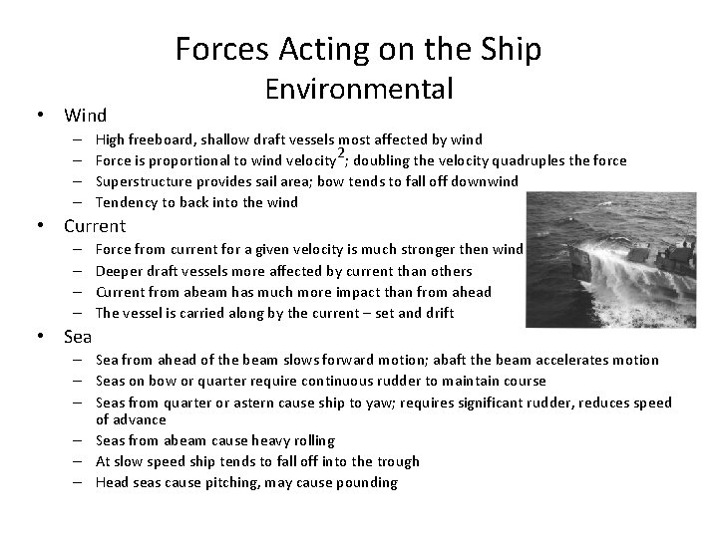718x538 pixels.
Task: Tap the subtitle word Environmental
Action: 359,90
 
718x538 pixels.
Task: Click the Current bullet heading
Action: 95,226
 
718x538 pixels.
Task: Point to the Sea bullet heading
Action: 79,336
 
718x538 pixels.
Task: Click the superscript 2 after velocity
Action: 341,152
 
